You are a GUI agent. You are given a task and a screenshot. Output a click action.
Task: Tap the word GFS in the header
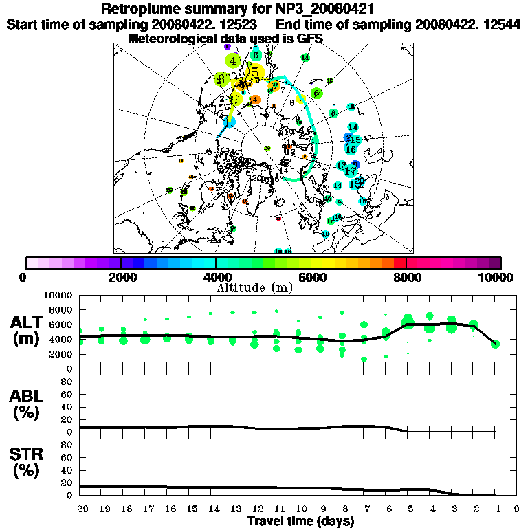coord(310,38)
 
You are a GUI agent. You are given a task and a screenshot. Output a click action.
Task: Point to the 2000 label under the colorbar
coord(120,277)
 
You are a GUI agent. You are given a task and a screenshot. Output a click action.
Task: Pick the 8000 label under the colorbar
coord(406,277)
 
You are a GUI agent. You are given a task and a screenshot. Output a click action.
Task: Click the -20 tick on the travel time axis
coord(80,509)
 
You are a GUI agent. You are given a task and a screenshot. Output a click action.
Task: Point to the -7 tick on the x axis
coord(364,509)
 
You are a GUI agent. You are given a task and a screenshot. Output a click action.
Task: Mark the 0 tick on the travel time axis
coord(516,509)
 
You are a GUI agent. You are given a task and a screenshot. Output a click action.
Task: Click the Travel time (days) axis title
coord(300,522)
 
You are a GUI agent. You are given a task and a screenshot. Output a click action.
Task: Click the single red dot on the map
coord(278,219)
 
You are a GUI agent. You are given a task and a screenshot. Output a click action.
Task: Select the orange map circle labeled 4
coord(256,100)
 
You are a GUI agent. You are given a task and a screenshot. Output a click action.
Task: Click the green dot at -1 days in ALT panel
coord(495,344)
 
